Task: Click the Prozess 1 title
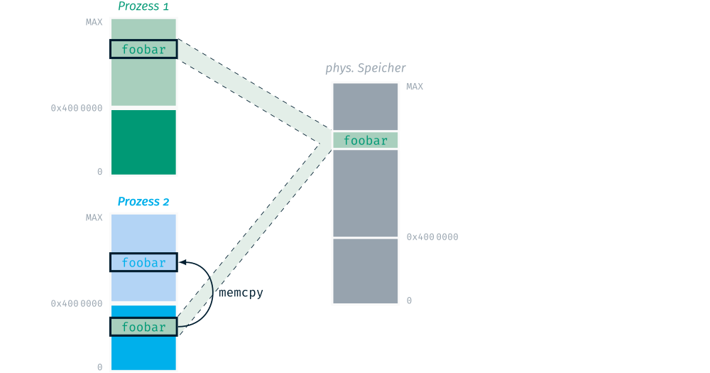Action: (143, 7)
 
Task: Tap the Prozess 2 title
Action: (143, 202)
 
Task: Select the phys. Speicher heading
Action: (366, 69)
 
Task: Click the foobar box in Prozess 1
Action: (143, 50)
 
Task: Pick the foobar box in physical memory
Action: (365, 141)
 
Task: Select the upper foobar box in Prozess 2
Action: (143, 263)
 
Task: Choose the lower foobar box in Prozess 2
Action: (143, 328)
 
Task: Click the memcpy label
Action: (241, 292)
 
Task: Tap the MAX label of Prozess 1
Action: (94, 22)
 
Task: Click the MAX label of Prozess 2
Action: (94, 217)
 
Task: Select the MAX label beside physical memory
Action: (415, 87)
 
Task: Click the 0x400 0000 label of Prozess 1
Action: (77, 108)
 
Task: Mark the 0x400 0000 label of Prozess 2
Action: (77, 303)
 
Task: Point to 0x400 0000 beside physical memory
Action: (432, 237)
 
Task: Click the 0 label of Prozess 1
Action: (99, 172)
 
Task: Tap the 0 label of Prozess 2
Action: (99, 367)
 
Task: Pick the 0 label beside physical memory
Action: (409, 301)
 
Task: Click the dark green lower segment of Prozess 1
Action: (143, 141)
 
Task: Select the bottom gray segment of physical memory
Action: (365, 271)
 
